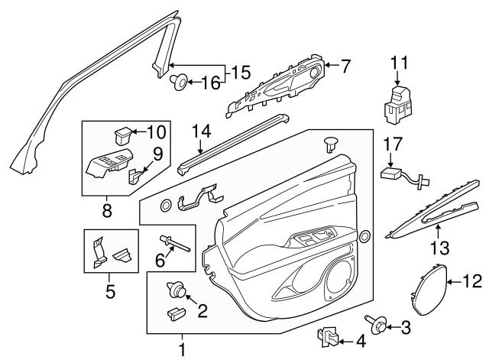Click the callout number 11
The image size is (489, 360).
(x=398, y=63)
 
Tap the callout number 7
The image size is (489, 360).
(x=345, y=66)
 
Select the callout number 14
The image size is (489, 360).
(x=199, y=130)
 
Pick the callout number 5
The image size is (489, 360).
(x=109, y=291)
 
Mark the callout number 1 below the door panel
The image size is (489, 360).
(x=182, y=349)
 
